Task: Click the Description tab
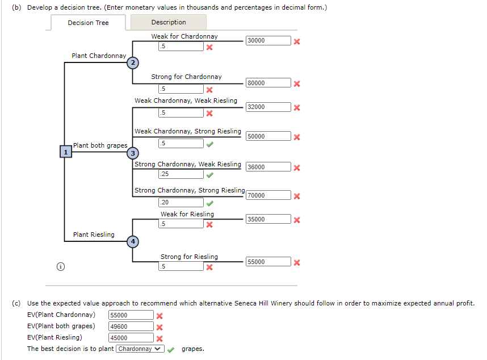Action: pyautogui.click(x=169, y=22)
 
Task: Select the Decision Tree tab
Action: pyautogui.click(x=88, y=23)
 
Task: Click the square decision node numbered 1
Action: pyautogui.click(x=66, y=152)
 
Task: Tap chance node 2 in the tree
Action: pyautogui.click(x=132, y=62)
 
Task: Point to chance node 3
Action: pyautogui.click(x=133, y=153)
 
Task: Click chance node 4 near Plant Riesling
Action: pyautogui.click(x=133, y=241)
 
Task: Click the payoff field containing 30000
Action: pyautogui.click(x=268, y=41)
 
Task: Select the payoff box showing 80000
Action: pyautogui.click(x=268, y=83)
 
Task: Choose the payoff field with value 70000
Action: pyautogui.click(x=268, y=195)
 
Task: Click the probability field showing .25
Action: pyautogui.click(x=180, y=174)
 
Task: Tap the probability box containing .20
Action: pyautogui.click(x=180, y=203)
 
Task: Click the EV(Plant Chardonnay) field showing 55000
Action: pyautogui.click(x=131, y=315)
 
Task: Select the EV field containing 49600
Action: pyautogui.click(x=131, y=326)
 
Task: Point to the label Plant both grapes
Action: pyautogui.click(x=100, y=145)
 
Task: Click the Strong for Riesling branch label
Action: pyautogui.click(x=189, y=257)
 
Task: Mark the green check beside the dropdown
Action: pyautogui.click(x=171, y=349)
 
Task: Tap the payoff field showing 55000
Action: pyautogui.click(x=268, y=262)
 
